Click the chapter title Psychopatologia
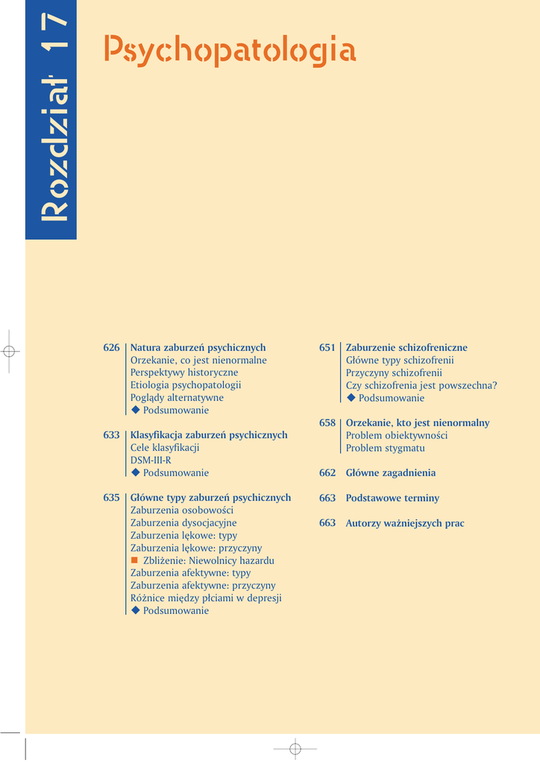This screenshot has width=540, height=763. pos(230,51)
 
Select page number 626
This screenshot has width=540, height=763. pos(111,348)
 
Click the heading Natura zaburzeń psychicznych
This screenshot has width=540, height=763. pos(198,348)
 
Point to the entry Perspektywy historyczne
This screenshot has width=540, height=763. pos(184,373)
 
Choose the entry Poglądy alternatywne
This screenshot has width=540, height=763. pos(177,398)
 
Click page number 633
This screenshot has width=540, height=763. pos(111,435)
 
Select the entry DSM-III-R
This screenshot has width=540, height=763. pos(151,460)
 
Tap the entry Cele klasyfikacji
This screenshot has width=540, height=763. pos(164,448)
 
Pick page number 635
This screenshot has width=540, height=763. pos(111,498)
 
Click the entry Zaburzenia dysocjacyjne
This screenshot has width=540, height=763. pos(183,523)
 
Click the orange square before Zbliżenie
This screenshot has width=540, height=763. pos(135,560)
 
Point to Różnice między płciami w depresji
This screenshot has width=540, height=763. pos(206,598)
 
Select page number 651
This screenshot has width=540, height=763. pos(327,348)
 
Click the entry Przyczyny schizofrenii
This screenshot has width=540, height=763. pos(394,373)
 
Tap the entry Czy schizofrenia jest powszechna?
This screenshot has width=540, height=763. pos(421,385)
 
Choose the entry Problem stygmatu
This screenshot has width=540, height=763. pos(385,448)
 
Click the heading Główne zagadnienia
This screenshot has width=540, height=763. pos(390,473)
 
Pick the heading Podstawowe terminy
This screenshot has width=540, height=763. pos(392,498)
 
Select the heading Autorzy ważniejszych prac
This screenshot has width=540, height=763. pos(405,523)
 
